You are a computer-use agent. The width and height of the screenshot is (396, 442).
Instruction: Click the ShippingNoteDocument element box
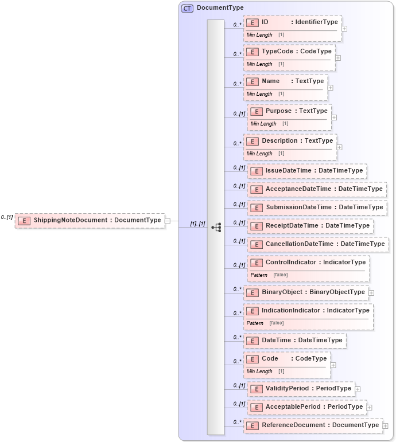click(x=90, y=220)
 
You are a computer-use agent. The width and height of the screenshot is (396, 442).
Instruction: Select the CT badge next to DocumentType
click(x=187, y=8)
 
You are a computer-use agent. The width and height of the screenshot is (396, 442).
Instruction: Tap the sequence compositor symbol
click(x=216, y=227)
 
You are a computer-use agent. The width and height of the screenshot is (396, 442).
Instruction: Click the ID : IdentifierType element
click(x=292, y=22)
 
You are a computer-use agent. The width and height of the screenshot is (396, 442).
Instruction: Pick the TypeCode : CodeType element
click(x=289, y=52)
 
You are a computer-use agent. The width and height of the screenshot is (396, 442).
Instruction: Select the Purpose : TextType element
click(x=289, y=111)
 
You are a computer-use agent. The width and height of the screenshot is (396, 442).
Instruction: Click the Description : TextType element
click(x=290, y=141)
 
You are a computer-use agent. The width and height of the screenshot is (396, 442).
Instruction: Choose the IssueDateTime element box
click(x=307, y=171)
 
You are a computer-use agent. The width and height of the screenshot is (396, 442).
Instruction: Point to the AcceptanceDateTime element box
click(x=317, y=189)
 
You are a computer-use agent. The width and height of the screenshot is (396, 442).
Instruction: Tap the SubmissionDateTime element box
click(x=317, y=208)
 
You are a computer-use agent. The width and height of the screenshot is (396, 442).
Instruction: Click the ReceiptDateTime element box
click(x=310, y=226)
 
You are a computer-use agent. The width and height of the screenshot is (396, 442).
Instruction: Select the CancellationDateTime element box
click(x=318, y=244)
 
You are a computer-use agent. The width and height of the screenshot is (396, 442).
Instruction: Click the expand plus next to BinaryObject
click(x=371, y=293)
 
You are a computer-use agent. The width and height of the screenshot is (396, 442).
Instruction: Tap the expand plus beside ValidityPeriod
click(x=358, y=389)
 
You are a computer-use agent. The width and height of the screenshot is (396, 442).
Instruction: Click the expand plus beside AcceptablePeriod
click(x=370, y=408)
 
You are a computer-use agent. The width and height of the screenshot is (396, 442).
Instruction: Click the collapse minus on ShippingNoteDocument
click(x=168, y=220)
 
